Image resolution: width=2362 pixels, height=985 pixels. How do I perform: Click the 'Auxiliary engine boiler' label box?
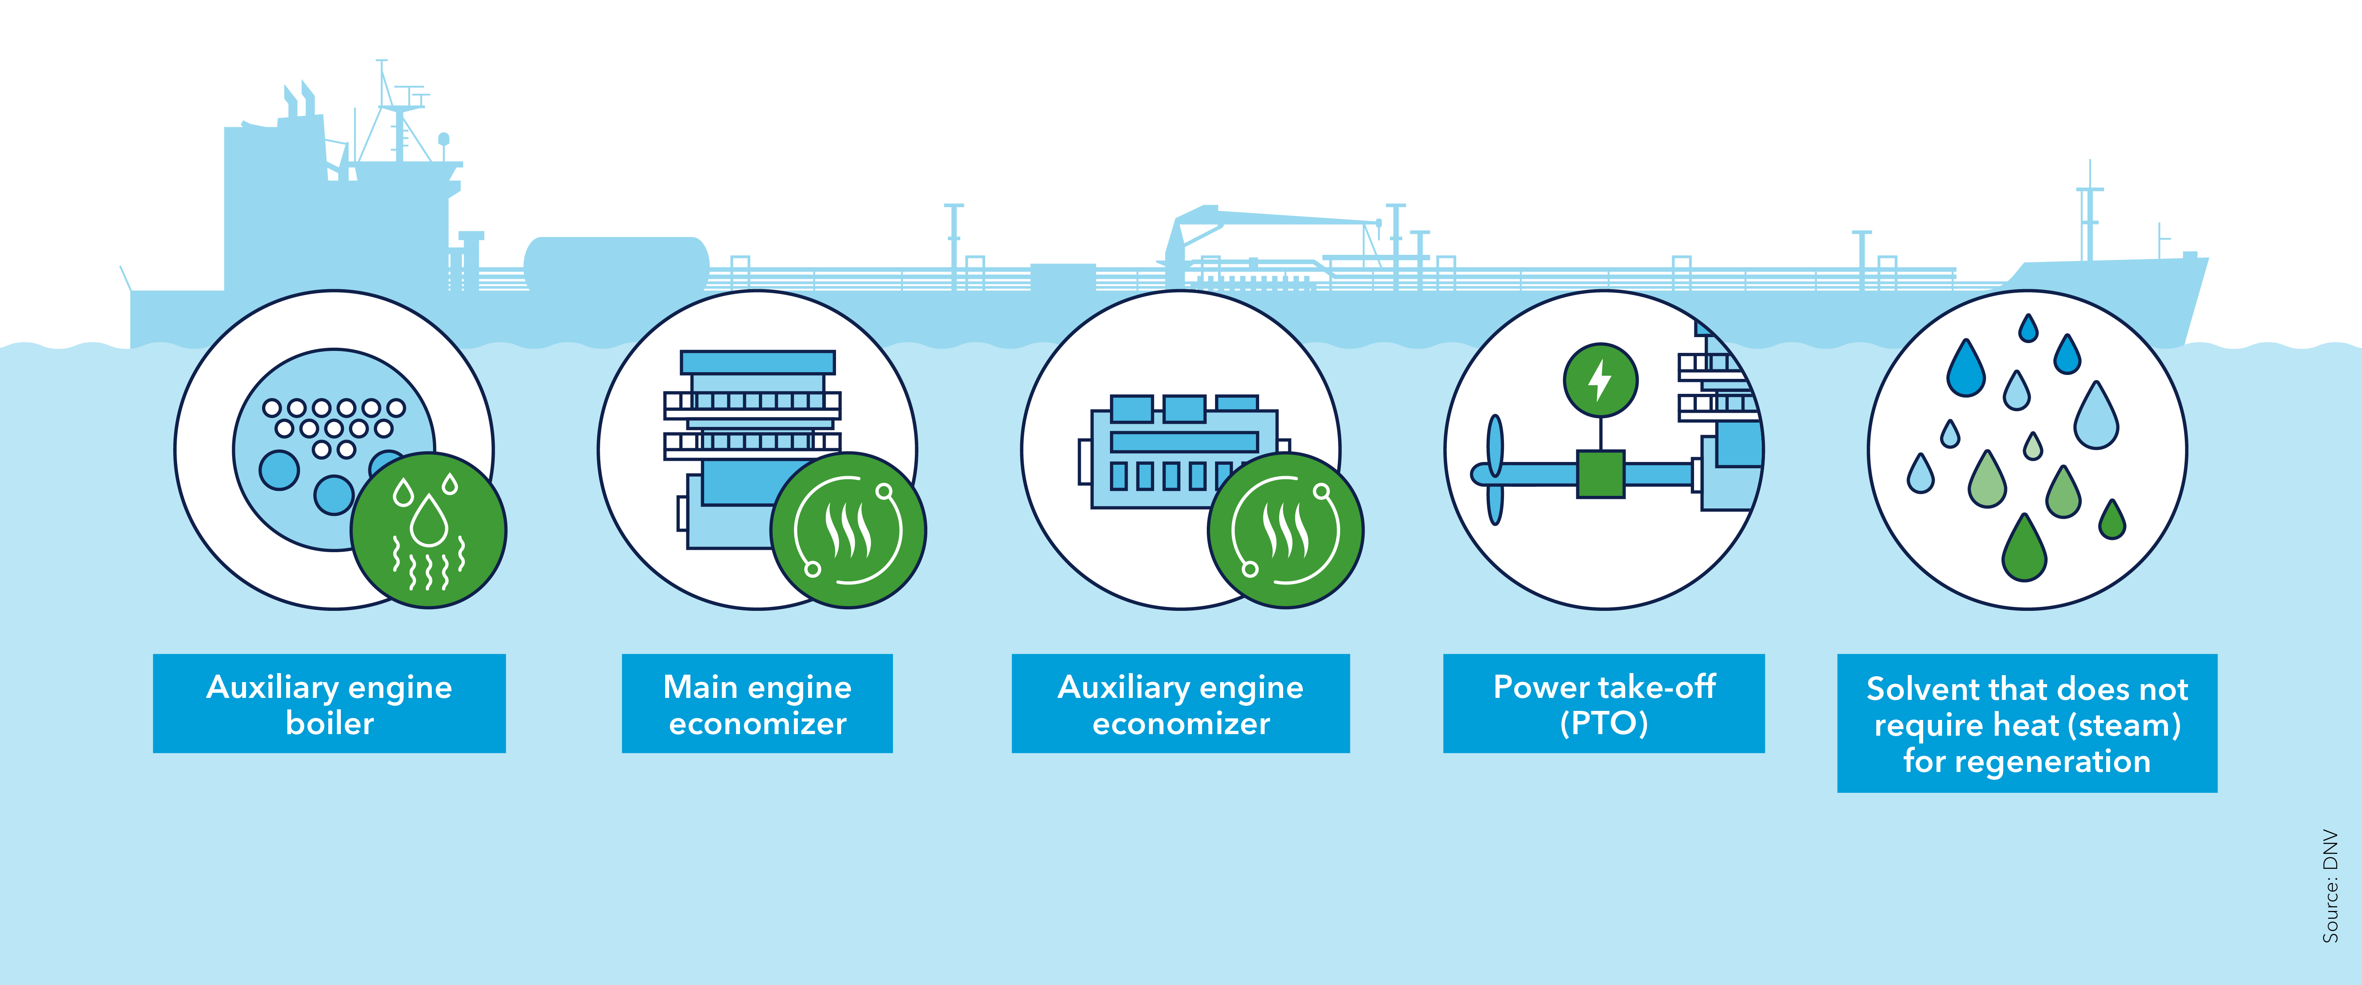(x=329, y=703)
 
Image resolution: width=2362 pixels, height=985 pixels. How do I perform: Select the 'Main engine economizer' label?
(x=757, y=703)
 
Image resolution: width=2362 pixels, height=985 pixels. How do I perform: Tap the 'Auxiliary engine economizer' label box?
(x=1180, y=703)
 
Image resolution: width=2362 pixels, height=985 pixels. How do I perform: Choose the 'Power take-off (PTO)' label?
(x=1604, y=703)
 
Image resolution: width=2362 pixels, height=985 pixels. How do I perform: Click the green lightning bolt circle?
(x=1600, y=380)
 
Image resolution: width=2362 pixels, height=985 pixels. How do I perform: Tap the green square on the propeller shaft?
(x=1600, y=474)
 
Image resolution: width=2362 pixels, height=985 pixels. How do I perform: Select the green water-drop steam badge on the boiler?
(x=428, y=530)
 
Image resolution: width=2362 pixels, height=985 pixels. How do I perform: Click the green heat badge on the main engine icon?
(x=848, y=530)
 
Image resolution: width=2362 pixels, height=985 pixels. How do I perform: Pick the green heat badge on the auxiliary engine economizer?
(x=1286, y=530)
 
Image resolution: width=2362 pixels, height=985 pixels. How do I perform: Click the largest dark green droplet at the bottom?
(x=2025, y=550)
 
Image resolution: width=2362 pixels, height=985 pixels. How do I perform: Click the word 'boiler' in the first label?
(x=329, y=723)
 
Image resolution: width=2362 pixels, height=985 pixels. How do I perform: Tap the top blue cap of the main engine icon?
(x=757, y=361)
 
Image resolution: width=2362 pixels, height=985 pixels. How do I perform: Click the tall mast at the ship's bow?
(x=2090, y=215)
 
